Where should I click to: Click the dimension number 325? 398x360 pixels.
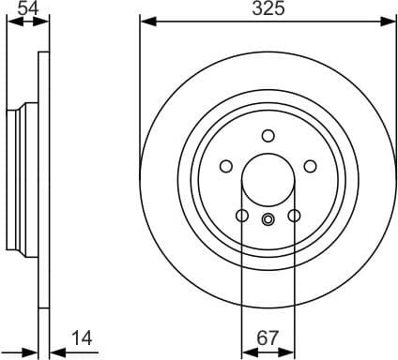click(x=268, y=9)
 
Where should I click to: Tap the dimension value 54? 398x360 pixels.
click(x=29, y=9)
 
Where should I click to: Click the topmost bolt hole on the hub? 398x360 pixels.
click(x=268, y=135)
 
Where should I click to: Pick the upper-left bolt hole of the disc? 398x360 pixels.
click(x=225, y=166)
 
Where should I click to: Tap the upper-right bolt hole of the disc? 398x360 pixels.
click(x=310, y=166)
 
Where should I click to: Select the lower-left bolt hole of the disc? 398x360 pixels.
click(x=242, y=216)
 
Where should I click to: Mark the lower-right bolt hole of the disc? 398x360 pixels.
click(x=294, y=216)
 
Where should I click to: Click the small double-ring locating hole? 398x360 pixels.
click(x=268, y=220)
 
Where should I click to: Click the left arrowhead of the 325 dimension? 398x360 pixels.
click(x=145, y=20)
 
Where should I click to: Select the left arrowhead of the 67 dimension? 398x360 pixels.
click(x=248, y=352)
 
